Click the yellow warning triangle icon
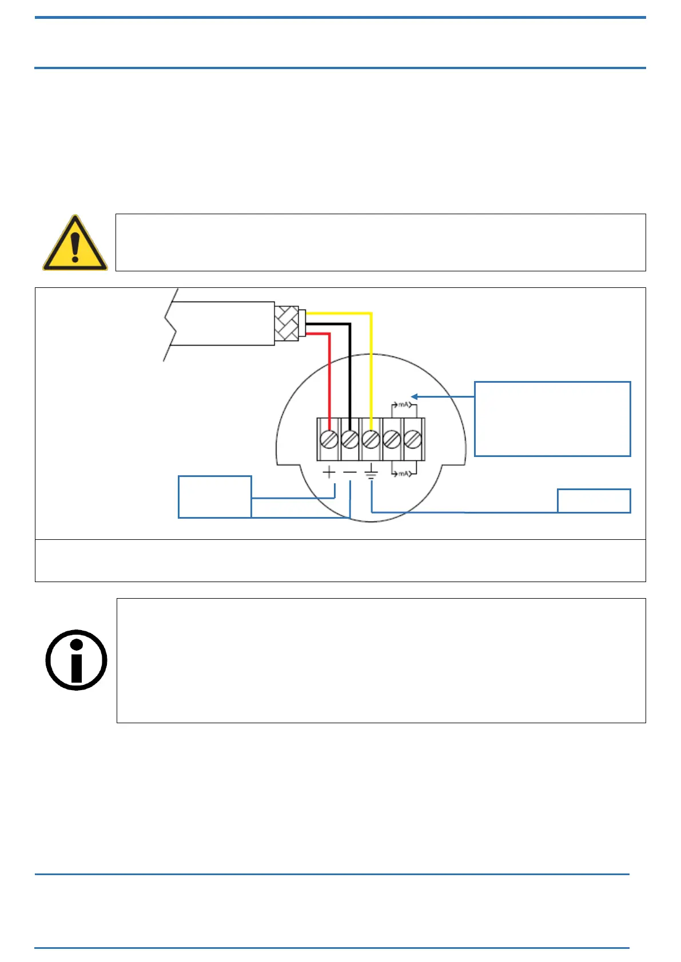[75, 243]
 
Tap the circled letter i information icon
[76, 660]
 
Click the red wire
[329, 377]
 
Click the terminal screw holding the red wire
[329, 439]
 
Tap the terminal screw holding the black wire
[350, 439]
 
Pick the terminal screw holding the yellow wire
[371, 439]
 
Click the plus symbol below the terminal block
[329, 472]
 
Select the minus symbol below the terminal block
[350, 472]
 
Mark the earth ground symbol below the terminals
[371, 471]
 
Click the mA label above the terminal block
[404, 405]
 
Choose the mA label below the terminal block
[404, 474]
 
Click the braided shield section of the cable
[286, 323]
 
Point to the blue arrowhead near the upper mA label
[415, 396]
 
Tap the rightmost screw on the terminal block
[413, 439]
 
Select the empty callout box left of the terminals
[215, 496]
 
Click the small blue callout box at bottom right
[594, 501]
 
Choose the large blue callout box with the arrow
[552, 419]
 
